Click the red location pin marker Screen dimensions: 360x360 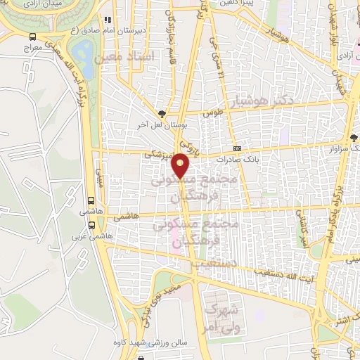[x=181, y=165]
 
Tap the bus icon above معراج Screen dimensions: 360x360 [x=32, y=38]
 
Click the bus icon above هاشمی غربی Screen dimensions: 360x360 [x=92, y=226]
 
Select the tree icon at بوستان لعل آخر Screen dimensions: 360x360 [x=162, y=113]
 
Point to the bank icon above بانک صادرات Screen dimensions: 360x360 [x=237, y=149]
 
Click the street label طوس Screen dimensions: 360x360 [x=213, y=112]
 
